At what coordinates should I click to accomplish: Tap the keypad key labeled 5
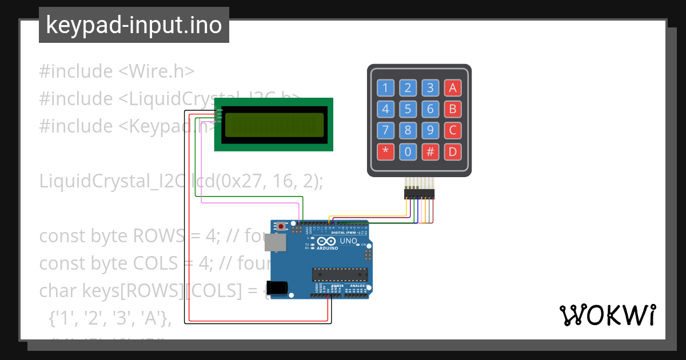[408, 109]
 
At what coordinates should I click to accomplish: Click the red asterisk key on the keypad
[385, 152]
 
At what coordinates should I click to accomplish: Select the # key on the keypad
[430, 152]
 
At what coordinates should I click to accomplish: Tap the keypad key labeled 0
[408, 152]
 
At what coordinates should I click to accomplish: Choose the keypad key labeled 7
[385, 130]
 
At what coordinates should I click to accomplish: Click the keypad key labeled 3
[430, 88]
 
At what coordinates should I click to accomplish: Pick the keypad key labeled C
[453, 130]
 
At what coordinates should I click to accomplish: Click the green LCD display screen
[273, 125]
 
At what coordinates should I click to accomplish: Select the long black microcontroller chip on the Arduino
[341, 274]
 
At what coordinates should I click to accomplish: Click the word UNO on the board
[349, 241]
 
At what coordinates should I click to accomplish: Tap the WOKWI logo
[608, 315]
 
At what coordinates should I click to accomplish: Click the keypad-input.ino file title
[134, 25]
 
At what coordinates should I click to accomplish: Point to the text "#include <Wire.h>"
[117, 71]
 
